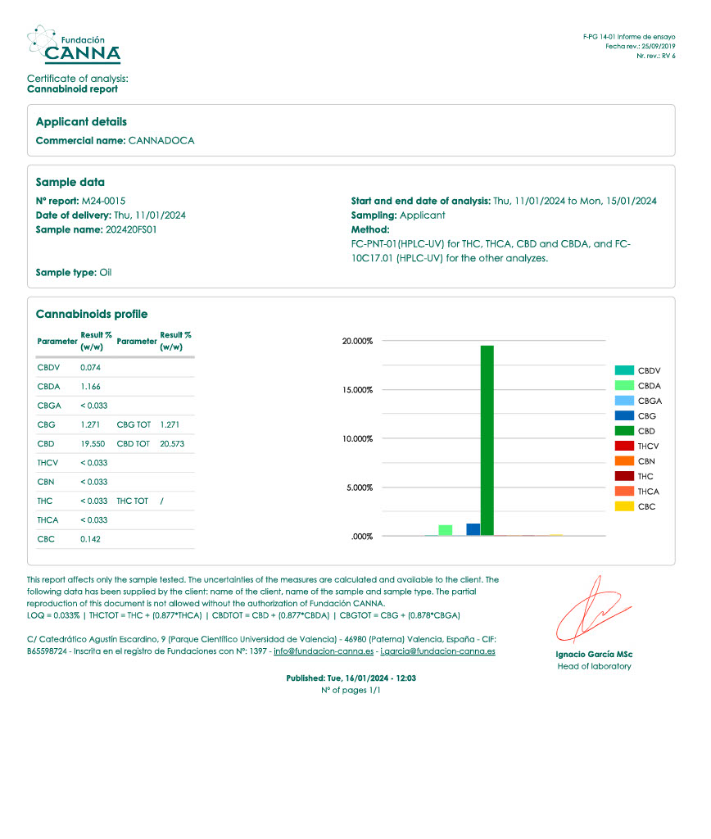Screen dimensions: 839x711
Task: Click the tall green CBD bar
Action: click(x=487, y=440)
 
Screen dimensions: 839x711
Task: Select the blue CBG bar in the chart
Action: click(x=473, y=529)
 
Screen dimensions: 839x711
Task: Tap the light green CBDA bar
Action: click(x=446, y=530)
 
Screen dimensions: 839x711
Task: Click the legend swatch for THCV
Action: click(x=624, y=446)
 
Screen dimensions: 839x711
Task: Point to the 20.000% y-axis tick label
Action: click(x=356, y=341)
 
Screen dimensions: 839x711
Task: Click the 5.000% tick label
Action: click(x=358, y=488)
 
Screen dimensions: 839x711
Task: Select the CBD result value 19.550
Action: click(x=93, y=443)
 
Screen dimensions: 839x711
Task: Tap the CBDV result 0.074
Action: click(x=90, y=367)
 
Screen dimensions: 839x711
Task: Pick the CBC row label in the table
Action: click(x=46, y=539)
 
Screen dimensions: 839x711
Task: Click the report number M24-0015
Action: click(x=103, y=201)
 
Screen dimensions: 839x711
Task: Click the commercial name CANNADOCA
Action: click(x=161, y=141)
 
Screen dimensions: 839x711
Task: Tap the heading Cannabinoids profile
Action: click(x=92, y=315)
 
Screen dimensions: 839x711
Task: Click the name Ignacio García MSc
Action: click(x=594, y=655)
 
